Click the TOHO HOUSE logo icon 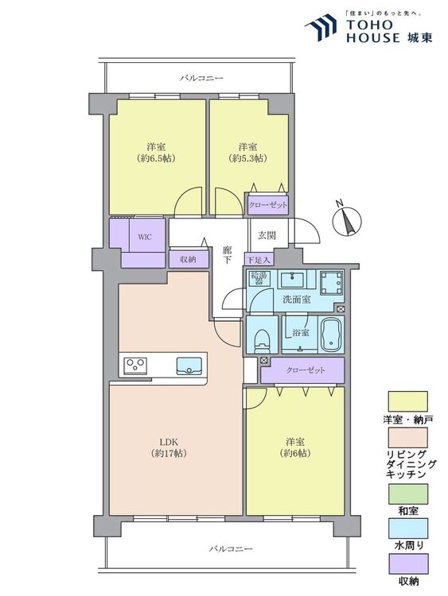click(x=321, y=27)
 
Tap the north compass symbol click(x=346, y=219)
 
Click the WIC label click(x=145, y=237)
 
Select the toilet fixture click(x=261, y=339)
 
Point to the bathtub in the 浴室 click(x=332, y=335)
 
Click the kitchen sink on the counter click(x=189, y=366)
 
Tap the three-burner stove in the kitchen click(x=135, y=366)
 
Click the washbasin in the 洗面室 click(x=294, y=281)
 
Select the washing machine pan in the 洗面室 click(x=331, y=283)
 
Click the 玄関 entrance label click(x=267, y=236)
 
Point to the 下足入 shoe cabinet click(x=259, y=260)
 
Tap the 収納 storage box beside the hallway click(x=189, y=260)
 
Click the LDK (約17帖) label click(x=169, y=447)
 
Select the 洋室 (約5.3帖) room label click(x=247, y=153)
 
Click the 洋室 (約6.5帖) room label click(x=156, y=153)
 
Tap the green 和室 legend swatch click(x=407, y=493)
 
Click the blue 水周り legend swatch click(x=407, y=528)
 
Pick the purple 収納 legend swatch click(x=407, y=563)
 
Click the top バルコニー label click(x=201, y=79)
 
